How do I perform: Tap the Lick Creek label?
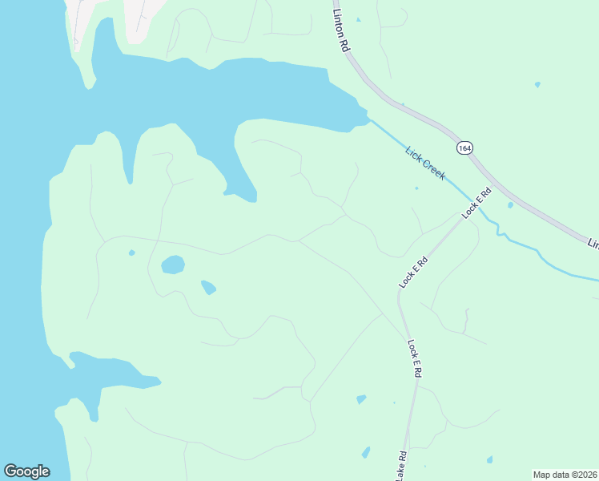(x=425, y=163)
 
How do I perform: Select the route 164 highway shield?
(x=465, y=148)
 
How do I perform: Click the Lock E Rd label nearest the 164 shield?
(x=476, y=202)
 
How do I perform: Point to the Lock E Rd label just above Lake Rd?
(x=414, y=358)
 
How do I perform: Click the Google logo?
(x=26, y=471)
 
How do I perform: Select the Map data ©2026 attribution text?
(x=565, y=475)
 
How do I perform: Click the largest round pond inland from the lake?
(x=173, y=265)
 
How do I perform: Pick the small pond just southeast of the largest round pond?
(x=208, y=287)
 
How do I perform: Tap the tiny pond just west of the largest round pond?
(x=131, y=253)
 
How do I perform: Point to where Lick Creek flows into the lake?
(x=368, y=118)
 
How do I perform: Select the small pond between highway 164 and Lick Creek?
(x=510, y=205)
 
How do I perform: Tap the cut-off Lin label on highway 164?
(x=593, y=243)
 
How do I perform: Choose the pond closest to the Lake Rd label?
(x=366, y=452)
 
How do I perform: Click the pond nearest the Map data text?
(x=489, y=460)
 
